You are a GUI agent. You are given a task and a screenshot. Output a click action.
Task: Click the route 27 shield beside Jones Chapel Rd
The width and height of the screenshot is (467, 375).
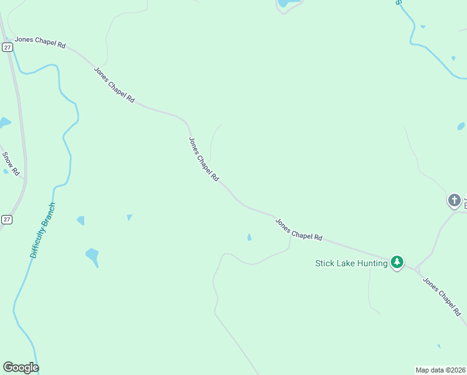7,46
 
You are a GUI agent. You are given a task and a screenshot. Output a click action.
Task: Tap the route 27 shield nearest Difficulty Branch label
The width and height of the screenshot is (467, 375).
7,219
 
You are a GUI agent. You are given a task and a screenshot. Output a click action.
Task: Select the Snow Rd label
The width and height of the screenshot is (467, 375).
11,163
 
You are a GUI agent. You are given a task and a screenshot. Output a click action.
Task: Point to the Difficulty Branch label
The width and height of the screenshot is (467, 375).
43,231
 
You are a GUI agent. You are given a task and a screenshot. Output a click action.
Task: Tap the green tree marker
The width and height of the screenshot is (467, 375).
396,262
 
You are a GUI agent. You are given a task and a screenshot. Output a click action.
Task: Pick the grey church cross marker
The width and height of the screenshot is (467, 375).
454,201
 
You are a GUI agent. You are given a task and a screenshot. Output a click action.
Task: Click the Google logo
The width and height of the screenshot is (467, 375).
21,367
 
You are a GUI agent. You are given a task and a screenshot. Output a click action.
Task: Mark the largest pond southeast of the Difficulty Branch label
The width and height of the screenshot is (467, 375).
92,256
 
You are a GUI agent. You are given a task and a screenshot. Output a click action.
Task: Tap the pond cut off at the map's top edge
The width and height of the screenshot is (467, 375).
289,3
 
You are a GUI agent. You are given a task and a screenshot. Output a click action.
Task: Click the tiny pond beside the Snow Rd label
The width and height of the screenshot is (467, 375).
6,171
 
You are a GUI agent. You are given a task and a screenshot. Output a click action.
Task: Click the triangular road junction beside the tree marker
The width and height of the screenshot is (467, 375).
415,269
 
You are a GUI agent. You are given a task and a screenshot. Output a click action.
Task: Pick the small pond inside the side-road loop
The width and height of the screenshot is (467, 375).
250,237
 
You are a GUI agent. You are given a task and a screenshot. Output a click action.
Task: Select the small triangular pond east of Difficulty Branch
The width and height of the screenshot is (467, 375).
129,217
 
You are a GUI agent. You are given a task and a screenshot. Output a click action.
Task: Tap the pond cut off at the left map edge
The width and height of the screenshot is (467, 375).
4,122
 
